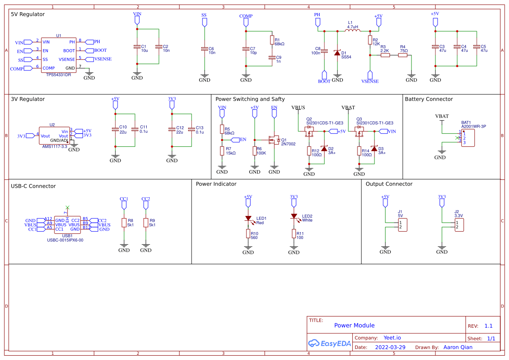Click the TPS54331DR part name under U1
58,75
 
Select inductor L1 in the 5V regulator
353,30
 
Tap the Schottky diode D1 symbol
337,53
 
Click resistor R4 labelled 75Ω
402,55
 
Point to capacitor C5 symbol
476,47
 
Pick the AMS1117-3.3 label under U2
54,147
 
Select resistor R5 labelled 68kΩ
222,129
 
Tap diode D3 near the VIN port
374,149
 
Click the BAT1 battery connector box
468,138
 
